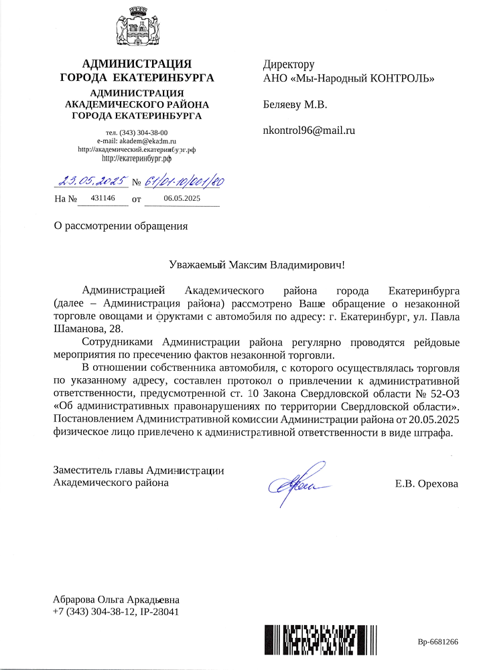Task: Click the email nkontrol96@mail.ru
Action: tap(309, 130)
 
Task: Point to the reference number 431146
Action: tap(103, 199)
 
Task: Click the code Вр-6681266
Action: tap(437, 642)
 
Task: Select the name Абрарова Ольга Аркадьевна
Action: tap(117, 600)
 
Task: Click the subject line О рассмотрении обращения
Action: tap(121, 226)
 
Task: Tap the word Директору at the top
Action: tap(289, 65)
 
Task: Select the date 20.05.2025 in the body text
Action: tap(428, 419)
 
